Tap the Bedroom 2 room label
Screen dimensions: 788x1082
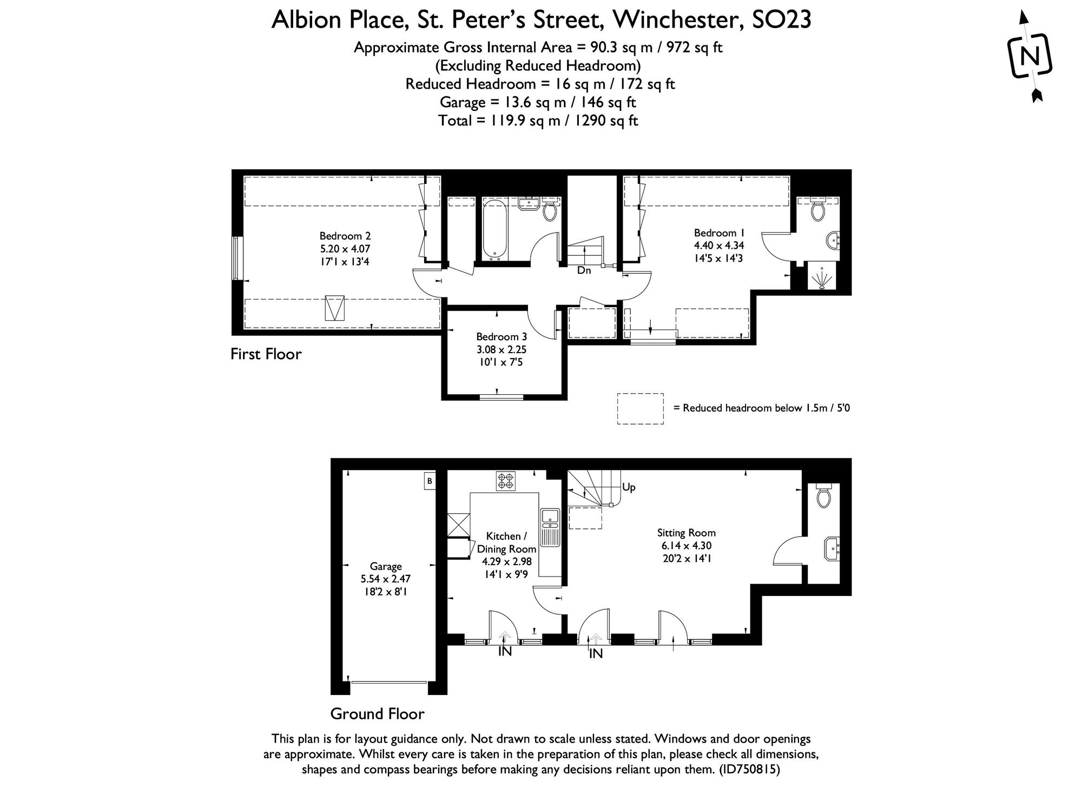(345, 236)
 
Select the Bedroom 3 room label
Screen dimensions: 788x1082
(501, 337)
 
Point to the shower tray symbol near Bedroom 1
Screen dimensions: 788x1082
(822, 276)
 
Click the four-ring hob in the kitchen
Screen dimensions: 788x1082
(506, 481)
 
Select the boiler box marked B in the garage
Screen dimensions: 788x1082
(430, 481)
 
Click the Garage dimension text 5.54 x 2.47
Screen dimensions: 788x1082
(385, 579)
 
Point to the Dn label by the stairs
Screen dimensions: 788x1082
(584, 270)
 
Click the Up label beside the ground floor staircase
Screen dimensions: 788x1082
(629, 487)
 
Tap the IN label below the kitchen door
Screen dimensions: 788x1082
(505, 652)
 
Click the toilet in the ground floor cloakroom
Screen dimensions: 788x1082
(823, 495)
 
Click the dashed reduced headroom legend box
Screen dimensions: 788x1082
(640, 408)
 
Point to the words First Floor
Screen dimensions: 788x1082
(266, 354)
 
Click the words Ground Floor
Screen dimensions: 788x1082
(377, 714)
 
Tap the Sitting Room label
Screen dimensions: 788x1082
(686, 533)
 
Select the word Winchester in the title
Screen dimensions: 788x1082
(674, 21)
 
